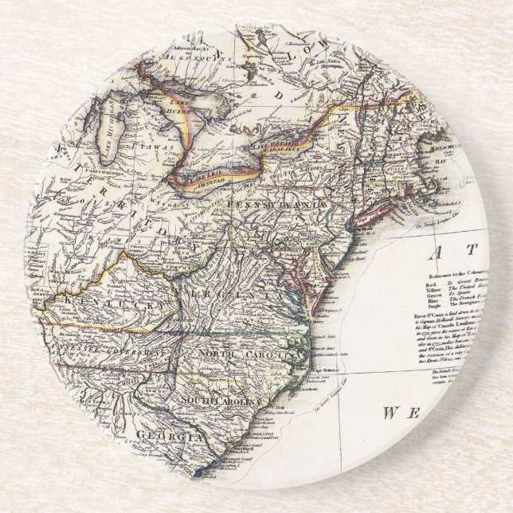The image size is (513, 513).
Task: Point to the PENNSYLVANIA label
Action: click(276, 206)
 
